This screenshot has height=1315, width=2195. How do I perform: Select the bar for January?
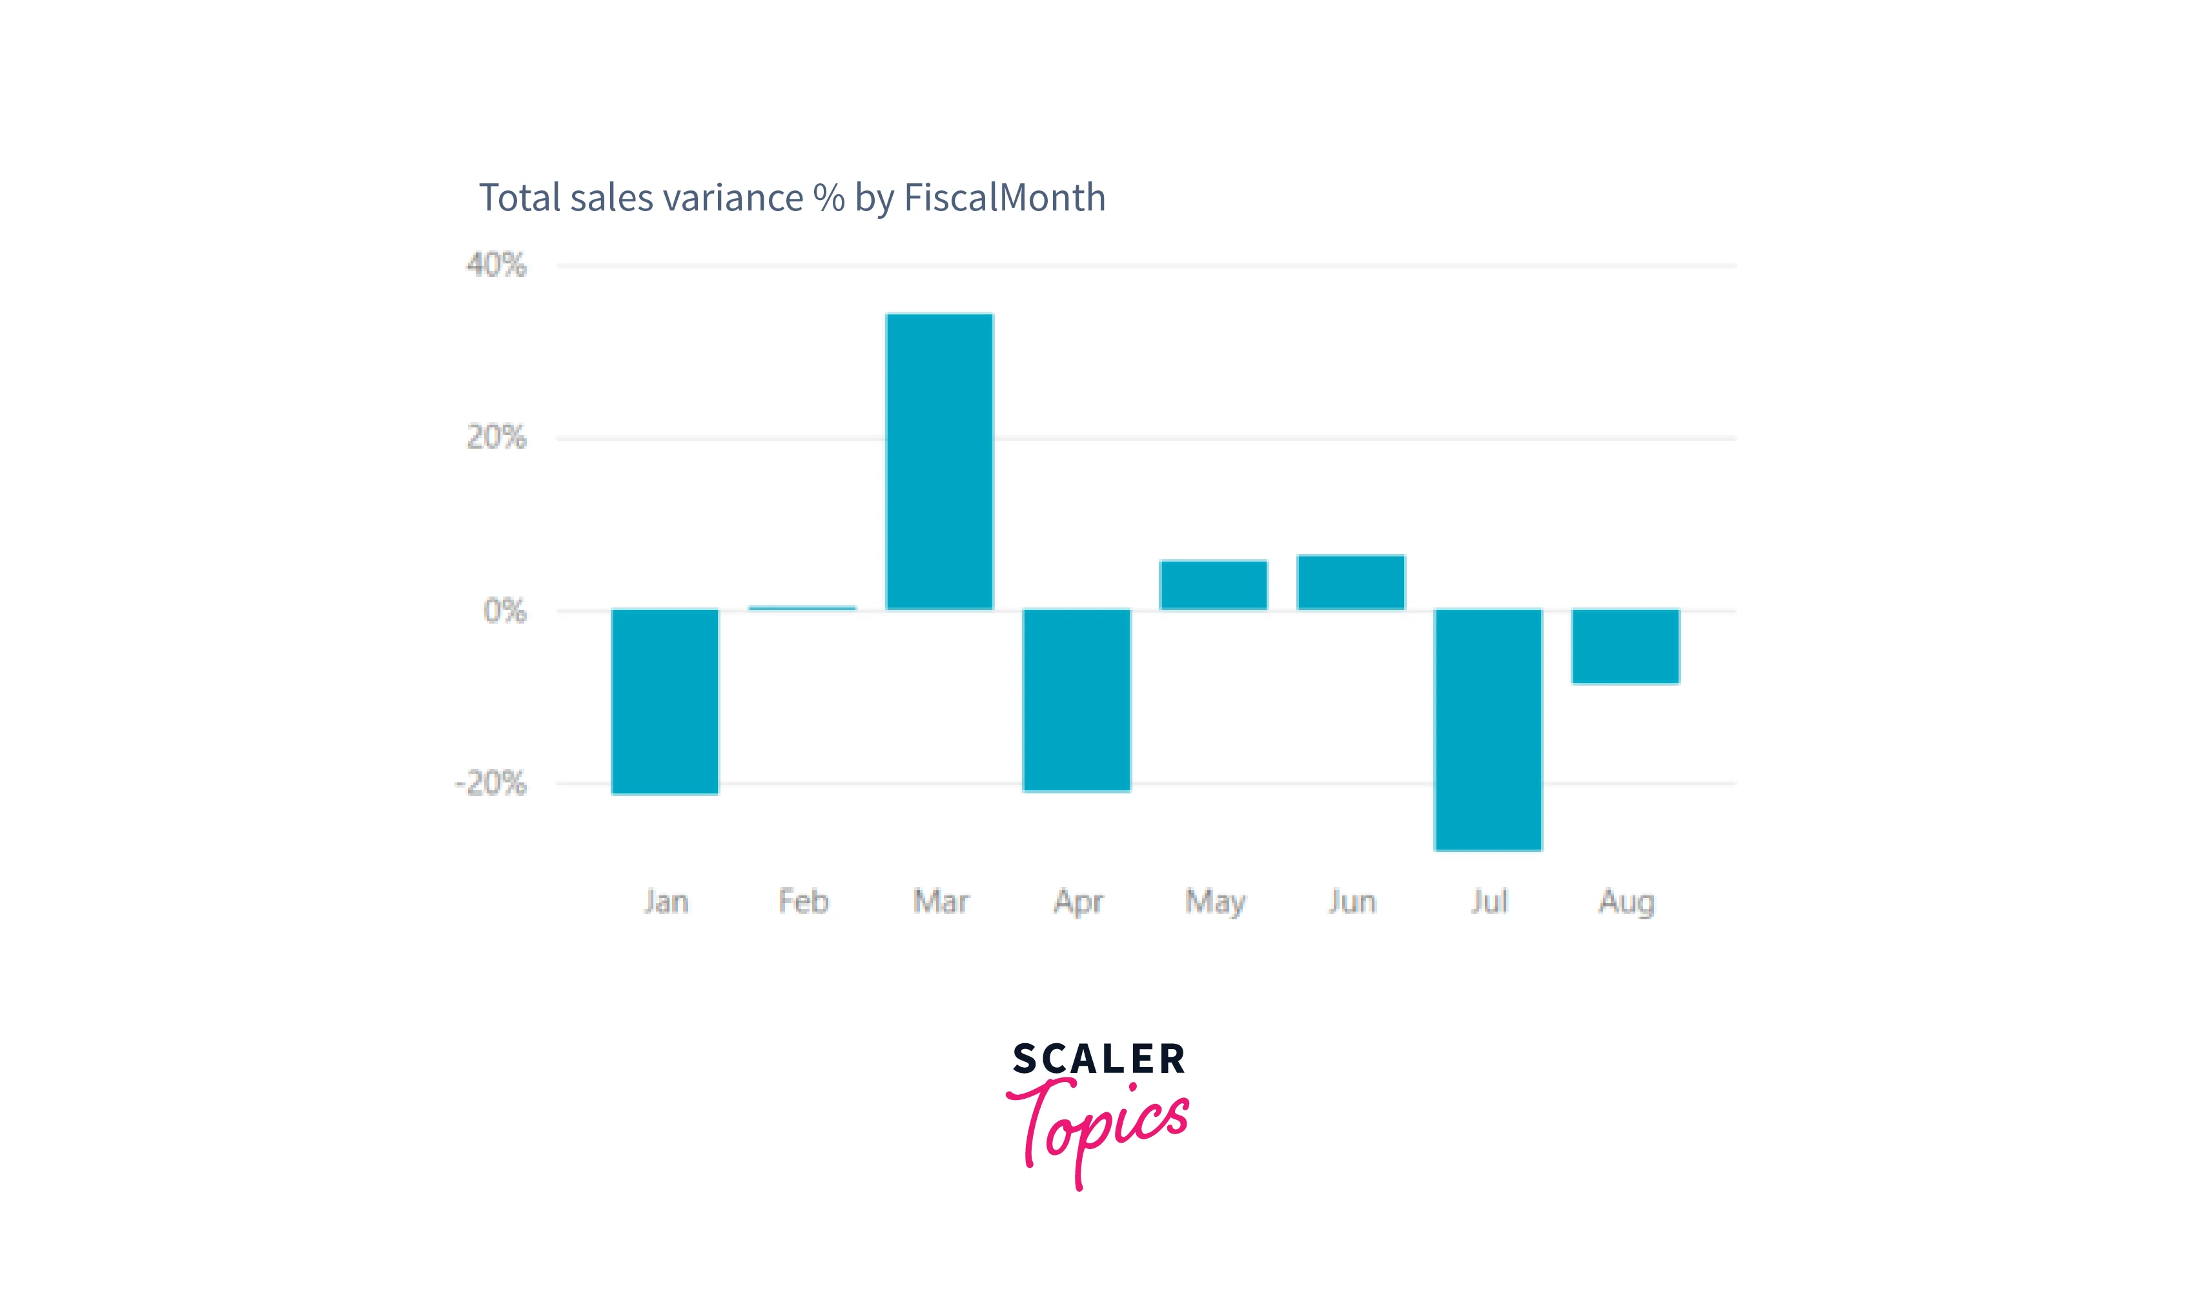[x=664, y=701]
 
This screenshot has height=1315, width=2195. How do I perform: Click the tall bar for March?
[x=939, y=462]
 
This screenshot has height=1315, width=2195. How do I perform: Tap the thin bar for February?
[x=802, y=608]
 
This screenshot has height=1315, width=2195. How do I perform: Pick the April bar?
[x=1077, y=699]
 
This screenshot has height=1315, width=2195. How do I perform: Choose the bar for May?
[x=1213, y=585]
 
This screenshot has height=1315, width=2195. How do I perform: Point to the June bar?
[x=1351, y=582]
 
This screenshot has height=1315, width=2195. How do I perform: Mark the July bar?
[x=1488, y=729]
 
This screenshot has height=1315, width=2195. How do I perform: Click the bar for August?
[x=1625, y=646]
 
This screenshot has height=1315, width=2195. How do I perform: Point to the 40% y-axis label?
[x=496, y=265]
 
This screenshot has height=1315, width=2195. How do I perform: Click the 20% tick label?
[x=496, y=438]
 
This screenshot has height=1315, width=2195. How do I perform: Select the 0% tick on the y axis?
[x=504, y=611]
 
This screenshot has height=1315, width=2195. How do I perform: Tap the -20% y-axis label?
[x=490, y=783]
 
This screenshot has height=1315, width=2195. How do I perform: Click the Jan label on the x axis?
[x=666, y=902]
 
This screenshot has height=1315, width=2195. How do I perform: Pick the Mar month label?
[x=940, y=902]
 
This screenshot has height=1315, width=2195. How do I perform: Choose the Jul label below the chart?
[x=1489, y=902]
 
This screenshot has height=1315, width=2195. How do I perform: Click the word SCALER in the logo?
[x=1098, y=1059]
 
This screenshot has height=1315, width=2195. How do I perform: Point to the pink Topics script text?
[x=1098, y=1125]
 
